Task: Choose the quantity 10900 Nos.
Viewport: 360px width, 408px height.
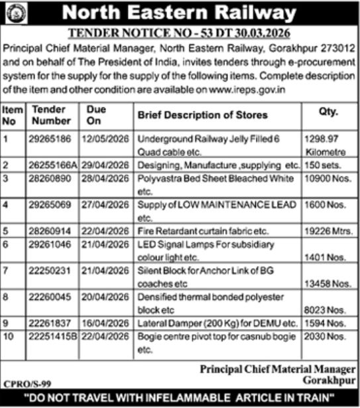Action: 331,178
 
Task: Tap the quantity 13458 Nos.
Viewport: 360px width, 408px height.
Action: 331,283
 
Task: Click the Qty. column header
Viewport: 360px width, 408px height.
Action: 328,113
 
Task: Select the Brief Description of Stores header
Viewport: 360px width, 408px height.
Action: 202,115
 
